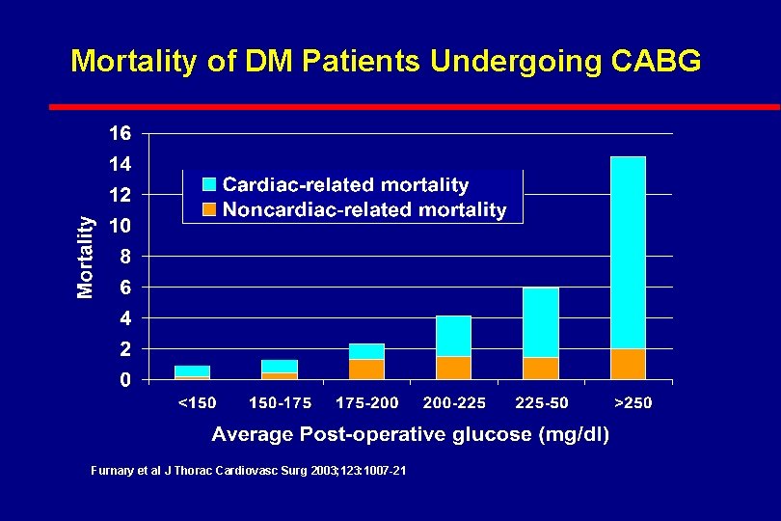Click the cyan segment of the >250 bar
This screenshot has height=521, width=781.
(628, 253)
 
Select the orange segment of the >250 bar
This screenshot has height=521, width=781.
(628, 364)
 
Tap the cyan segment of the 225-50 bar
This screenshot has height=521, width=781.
(541, 322)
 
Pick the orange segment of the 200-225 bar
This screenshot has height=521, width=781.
(453, 368)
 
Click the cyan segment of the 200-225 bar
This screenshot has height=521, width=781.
(453, 336)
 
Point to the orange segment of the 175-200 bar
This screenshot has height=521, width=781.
(366, 370)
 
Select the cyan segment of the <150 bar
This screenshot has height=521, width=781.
(192, 370)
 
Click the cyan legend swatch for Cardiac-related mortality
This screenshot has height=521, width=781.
(209, 184)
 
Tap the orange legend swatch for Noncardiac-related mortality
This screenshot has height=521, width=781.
(209, 208)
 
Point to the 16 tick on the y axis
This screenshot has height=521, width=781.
(120, 133)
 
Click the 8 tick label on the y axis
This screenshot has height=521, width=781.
(125, 257)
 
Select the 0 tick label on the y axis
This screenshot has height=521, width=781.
(125, 380)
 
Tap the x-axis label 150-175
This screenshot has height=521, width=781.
(281, 402)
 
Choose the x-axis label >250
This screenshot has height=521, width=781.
(633, 402)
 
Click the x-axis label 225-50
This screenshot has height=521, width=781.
(542, 402)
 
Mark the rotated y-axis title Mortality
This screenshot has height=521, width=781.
(86, 256)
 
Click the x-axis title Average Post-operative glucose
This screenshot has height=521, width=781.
(410, 434)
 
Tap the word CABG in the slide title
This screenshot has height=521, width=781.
(656, 62)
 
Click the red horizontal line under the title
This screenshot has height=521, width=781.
(415, 106)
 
